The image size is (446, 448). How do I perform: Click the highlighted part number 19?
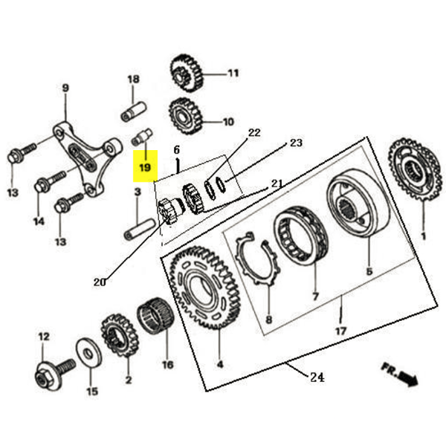click(x=144, y=168)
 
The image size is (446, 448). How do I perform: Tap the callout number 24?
click(x=317, y=377)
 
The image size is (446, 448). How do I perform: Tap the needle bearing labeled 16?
click(x=157, y=316)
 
